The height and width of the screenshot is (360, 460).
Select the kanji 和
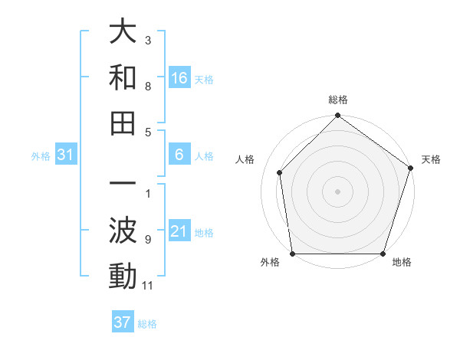tap(123, 77)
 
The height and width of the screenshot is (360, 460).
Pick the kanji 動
tap(123, 276)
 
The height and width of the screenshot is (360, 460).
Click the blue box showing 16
tap(179, 77)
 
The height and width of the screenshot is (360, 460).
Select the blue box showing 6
tap(179, 155)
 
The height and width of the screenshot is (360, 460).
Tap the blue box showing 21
tap(179, 231)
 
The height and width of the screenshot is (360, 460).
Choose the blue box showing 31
tap(66, 155)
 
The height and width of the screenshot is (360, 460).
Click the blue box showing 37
tap(123, 322)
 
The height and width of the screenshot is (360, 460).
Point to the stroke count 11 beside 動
tap(148, 286)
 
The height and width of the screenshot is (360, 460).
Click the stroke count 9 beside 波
tap(148, 240)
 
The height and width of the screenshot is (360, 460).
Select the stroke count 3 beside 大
tap(148, 39)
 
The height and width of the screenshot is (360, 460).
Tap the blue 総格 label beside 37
tap(148, 324)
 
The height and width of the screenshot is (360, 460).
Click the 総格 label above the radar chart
tap(337, 100)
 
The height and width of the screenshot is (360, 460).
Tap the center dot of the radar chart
tap(337, 191)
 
